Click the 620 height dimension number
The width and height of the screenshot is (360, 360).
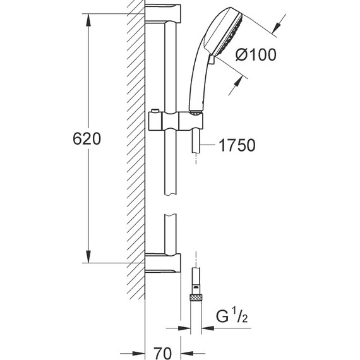(x=87, y=139)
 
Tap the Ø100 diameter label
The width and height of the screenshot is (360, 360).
(x=256, y=55)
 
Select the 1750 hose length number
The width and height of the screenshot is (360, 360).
(x=237, y=145)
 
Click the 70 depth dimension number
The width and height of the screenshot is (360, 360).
(x=162, y=353)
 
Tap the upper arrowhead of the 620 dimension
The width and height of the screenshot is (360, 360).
(x=88, y=21)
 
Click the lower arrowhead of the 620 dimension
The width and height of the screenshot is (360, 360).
(x=88, y=256)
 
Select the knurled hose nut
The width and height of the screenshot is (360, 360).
(x=196, y=298)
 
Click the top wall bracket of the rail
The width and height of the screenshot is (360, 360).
(x=163, y=13)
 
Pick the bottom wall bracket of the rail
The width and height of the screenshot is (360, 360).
(x=163, y=263)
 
